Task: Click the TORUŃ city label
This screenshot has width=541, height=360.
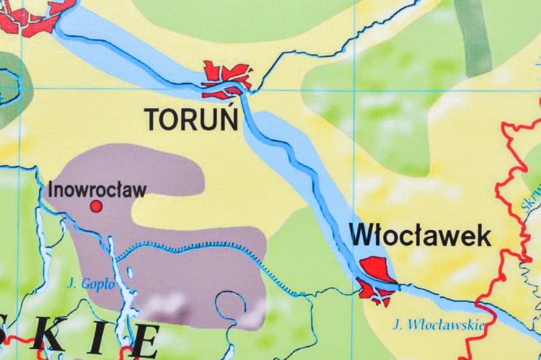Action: (192, 119)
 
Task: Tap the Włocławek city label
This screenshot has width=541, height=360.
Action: (420, 235)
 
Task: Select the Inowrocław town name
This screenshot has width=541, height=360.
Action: (97, 190)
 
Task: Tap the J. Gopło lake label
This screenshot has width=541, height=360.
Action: (90, 284)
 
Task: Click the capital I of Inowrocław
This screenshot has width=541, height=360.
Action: (50, 190)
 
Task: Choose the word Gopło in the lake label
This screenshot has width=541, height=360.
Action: (100, 284)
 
